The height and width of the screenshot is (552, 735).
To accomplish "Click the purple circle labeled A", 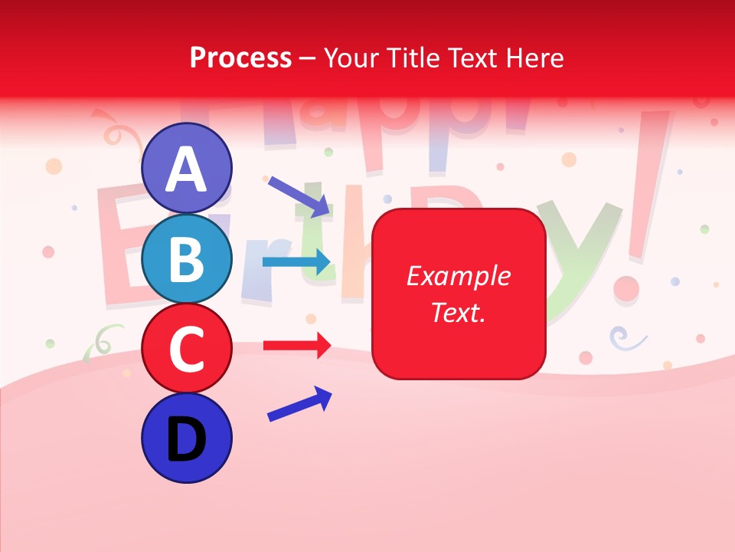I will (x=187, y=168).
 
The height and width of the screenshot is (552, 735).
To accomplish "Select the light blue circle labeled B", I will (x=187, y=258).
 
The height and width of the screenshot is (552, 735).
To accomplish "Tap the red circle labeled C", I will (x=187, y=348).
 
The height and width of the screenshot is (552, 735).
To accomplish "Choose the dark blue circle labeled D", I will (x=187, y=438).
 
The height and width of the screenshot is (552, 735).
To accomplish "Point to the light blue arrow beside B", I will (x=296, y=261).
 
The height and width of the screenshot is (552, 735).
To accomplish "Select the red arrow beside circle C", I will (x=297, y=346).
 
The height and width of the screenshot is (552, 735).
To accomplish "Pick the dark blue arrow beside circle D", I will (x=299, y=404).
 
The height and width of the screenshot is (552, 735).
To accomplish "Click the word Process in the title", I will (x=240, y=58).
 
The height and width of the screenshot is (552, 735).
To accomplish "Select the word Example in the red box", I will (x=458, y=276).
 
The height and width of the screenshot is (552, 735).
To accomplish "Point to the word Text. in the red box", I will (x=458, y=312).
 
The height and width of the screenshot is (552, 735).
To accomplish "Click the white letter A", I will (x=187, y=169).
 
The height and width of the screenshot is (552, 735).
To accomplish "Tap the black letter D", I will (x=187, y=439).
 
